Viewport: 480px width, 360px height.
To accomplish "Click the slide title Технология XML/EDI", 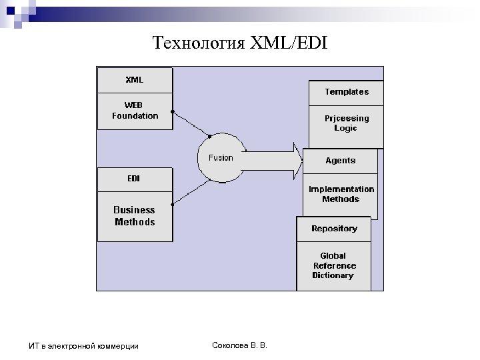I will pyautogui.click(x=241, y=44).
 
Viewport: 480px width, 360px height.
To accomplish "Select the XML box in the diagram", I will pyautogui.click(x=135, y=80).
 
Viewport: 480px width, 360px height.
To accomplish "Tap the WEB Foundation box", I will pyautogui.click(x=135, y=111).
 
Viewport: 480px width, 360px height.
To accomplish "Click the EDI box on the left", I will pyautogui.click(x=134, y=179).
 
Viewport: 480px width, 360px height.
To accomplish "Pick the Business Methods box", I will pyautogui.click(x=135, y=216).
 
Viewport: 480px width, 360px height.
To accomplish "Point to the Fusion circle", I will pyautogui.click(x=221, y=158).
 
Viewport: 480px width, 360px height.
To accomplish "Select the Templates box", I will pyautogui.click(x=346, y=92).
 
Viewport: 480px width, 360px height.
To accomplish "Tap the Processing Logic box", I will pyautogui.click(x=346, y=123).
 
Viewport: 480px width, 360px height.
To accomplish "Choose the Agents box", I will pyautogui.click(x=340, y=161).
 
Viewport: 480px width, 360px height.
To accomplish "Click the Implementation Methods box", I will pyautogui.click(x=341, y=194).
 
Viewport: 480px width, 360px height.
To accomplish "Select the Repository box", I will pyautogui.click(x=334, y=229).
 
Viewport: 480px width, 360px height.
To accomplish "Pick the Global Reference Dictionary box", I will pyautogui.click(x=333, y=265).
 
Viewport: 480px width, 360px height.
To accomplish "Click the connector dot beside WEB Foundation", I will pyautogui.click(x=173, y=111).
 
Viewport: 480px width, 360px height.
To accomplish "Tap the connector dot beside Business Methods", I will pyautogui.click(x=173, y=203).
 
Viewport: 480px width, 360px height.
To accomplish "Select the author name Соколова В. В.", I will pyautogui.click(x=238, y=344).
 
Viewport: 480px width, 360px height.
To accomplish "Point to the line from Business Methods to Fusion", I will pyautogui.click(x=189, y=191).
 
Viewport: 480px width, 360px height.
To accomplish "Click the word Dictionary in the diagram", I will pyautogui.click(x=333, y=275).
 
